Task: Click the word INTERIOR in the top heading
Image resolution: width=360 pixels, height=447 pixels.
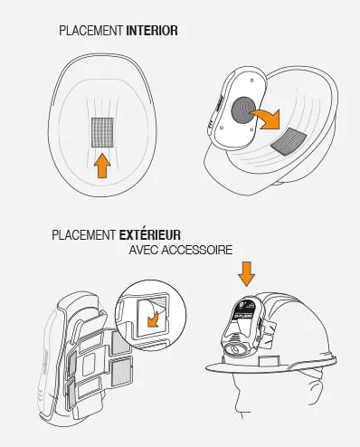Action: pyautogui.click(x=152, y=31)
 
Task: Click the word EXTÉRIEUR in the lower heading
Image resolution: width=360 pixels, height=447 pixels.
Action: pyautogui.click(x=150, y=235)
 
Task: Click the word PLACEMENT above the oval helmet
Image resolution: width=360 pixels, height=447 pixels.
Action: pyautogui.click(x=90, y=31)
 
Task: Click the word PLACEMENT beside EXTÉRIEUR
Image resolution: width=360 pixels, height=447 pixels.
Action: pyautogui.click(x=84, y=235)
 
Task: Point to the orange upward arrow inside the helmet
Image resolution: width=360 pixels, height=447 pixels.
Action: pyautogui.click(x=102, y=165)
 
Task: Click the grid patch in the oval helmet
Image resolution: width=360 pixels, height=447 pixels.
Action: pyautogui.click(x=102, y=132)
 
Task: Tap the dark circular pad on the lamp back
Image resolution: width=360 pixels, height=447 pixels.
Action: pyautogui.click(x=243, y=109)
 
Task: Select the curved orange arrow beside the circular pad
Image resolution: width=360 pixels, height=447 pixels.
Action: pyautogui.click(x=267, y=119)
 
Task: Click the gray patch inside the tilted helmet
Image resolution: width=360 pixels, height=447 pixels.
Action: pyautogui.click(x=289, y=141)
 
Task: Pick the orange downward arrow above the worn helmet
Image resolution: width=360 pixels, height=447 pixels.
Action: pyautogui.click(x=246, y=273)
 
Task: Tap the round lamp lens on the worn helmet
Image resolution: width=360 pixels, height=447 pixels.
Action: pyautogui.click(x=235, y=350)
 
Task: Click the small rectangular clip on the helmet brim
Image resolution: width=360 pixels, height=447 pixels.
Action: pyautogui.click(x=269, y=360)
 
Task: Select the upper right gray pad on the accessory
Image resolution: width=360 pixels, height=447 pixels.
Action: pyautogui.click(x=120, y=342)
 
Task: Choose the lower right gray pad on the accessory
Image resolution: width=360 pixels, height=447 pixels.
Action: pyautogui.click(x=121, y=373)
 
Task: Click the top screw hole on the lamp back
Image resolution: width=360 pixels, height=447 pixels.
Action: pyautogui.click(x=251, y=81)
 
